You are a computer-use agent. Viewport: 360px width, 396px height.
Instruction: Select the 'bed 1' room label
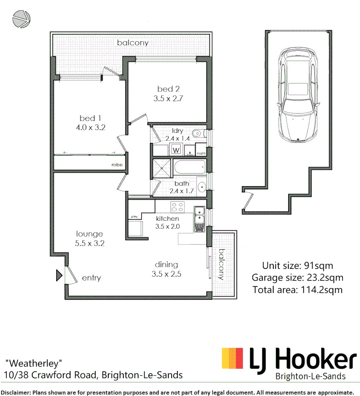point(90,118)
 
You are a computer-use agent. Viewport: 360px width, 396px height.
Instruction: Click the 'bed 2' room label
point(168,89)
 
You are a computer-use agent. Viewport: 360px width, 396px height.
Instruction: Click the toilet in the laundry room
point(197,133)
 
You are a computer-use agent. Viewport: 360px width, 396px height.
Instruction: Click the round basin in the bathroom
point(201,186)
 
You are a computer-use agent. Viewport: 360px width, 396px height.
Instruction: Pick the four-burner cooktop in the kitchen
point(177,206)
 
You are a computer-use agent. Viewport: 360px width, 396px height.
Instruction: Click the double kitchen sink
point(199,217)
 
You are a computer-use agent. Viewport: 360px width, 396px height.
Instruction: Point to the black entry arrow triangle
point(59,275)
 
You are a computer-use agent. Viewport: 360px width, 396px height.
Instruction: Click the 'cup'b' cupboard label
point(201,154)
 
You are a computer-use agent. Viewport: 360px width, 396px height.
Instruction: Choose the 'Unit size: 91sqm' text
point(297,266)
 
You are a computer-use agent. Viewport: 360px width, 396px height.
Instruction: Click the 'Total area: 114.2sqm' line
point(297,289)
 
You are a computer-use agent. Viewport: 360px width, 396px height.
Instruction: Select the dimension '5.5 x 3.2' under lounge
point(89,243)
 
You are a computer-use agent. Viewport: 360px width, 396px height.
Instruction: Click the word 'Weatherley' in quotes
point(34,363)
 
